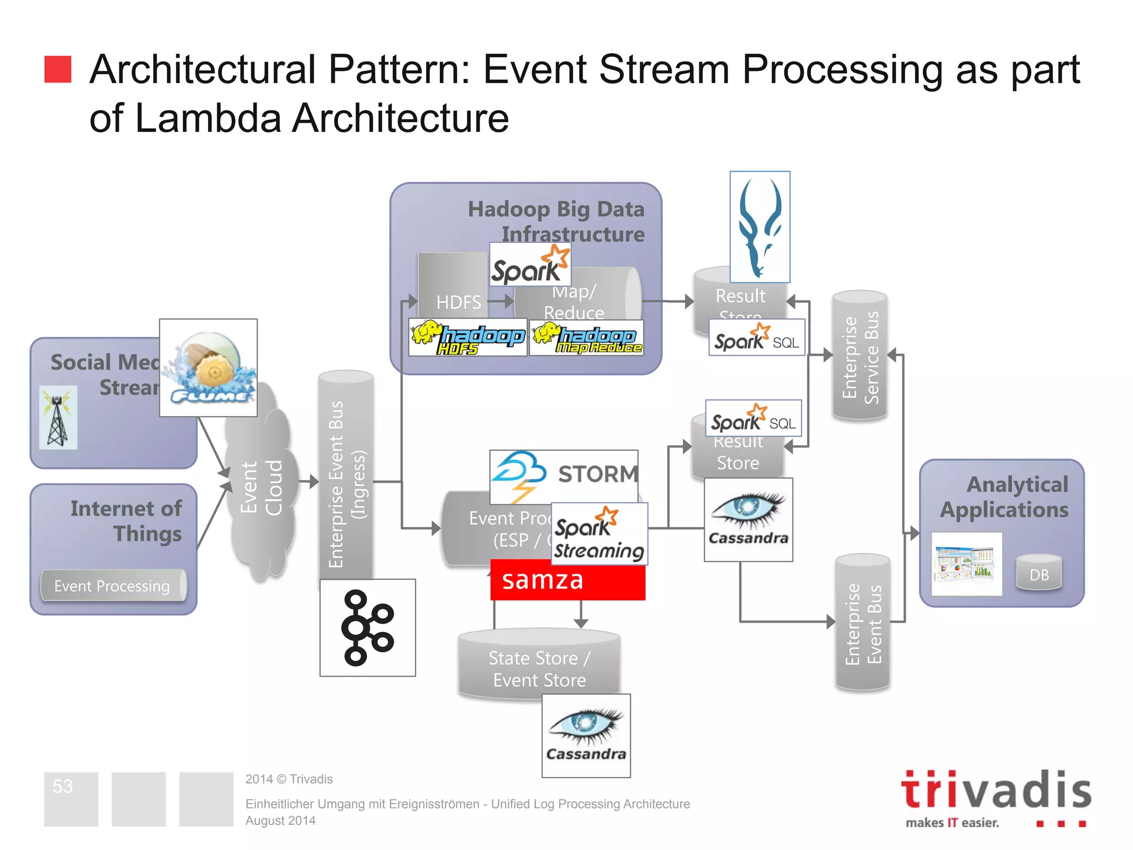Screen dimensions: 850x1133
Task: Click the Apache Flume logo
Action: tap(209, 367)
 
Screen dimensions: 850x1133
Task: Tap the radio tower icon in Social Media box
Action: tap(58, 418)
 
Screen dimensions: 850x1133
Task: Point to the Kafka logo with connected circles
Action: tap(367, 628)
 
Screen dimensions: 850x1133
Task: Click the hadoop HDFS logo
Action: tap(467, 338)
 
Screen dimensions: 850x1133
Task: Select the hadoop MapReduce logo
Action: tap(586, 338)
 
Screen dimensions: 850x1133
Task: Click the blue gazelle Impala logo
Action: tap(760, 227)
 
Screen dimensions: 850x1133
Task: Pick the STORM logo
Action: tap(563, 474)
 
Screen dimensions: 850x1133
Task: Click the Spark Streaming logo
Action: tap(599, 534)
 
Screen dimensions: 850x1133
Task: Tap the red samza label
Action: tap(568, 580)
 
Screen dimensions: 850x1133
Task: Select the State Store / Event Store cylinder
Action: tap(539, 664)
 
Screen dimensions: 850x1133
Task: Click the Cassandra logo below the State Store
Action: tap(586, 735)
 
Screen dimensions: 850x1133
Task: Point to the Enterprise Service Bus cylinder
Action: tap(860, 356)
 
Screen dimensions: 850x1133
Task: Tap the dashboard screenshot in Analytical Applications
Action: tap(966, 564)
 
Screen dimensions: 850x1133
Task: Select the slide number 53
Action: tap(63, 786)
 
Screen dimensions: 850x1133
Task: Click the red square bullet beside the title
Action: tap(58, 69)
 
